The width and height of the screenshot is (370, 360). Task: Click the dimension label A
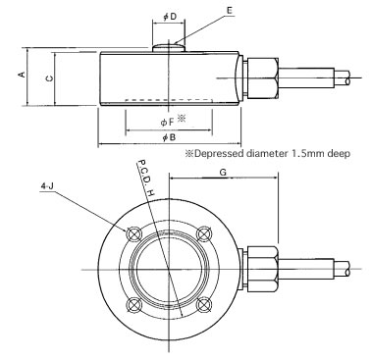tap(22, 75)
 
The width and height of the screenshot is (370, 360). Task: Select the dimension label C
tap(49, 78)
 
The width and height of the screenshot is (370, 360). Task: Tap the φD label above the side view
tap(170, 17)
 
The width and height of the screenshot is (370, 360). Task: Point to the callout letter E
tap(230, 10)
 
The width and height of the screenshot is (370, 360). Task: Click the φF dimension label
tap(167, 123)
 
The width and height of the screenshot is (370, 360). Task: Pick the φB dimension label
tap(169, 137)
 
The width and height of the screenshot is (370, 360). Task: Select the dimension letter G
tap(223, 173)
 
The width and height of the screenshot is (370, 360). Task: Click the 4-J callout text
tap(47, 186)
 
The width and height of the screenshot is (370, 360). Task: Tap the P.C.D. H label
tap(145, 178)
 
